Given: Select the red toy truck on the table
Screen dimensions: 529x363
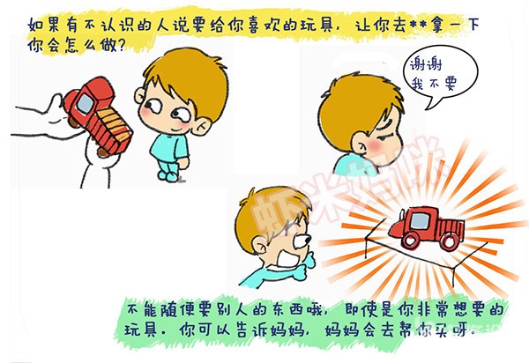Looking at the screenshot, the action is point(427,226).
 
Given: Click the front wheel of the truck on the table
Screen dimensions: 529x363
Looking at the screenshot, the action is point(410,241).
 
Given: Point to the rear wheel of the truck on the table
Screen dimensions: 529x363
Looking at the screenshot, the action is point(450,241).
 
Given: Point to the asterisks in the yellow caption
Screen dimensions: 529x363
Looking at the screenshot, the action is point(418,25).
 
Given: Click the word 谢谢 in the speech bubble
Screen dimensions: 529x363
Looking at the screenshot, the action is point(426,63).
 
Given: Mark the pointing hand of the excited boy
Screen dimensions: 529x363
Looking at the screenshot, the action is point(306,265).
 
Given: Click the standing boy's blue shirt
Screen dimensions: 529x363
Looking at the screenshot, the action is point(168,147).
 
